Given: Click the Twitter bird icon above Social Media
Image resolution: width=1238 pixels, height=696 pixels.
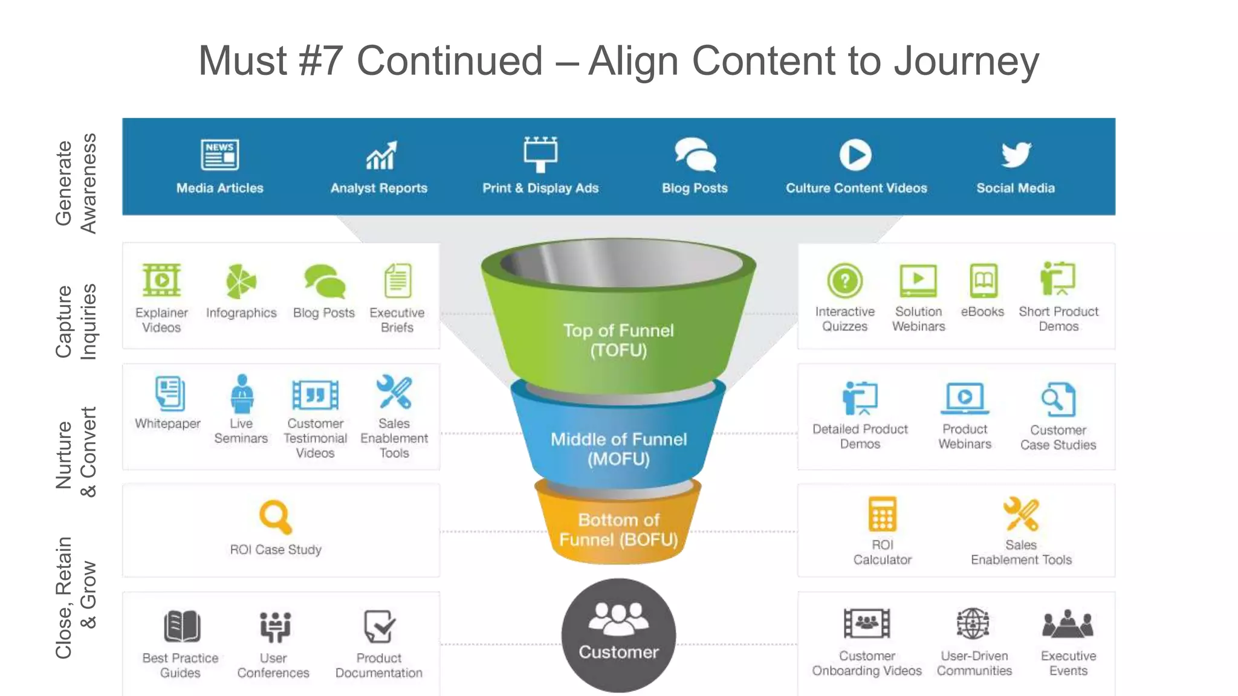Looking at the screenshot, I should [x=1016, y=155].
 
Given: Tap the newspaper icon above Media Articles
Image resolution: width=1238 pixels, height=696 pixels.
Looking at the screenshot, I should [x=219, y=155].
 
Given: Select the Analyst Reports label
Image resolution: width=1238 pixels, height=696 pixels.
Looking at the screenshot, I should [x=378, y=188].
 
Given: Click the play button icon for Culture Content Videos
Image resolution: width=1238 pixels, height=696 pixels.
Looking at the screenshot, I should [x=855, y=155].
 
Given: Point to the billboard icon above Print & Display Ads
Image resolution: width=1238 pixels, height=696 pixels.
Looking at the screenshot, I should [x=540, y=153].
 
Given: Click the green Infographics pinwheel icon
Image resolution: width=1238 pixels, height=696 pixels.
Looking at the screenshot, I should [x=241, y=281].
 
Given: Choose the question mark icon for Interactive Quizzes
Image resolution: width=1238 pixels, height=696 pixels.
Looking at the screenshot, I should [x=844, y=280].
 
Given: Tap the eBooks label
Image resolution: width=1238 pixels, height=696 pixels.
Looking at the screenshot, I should [x=982, y=312].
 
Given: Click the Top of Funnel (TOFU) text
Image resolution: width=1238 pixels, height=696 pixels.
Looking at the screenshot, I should [x=618, y=340].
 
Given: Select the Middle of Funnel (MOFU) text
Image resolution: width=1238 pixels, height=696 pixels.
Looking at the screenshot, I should [x=618, y=449].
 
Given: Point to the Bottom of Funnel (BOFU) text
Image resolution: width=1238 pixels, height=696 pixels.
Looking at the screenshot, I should [x=618, y=529].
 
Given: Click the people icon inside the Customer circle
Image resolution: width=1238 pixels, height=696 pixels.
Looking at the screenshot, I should [x=618, y=618].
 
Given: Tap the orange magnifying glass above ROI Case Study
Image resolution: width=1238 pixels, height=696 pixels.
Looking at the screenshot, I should [x=275, y=517].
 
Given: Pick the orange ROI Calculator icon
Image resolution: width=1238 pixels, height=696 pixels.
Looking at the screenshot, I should [x=882, y=514].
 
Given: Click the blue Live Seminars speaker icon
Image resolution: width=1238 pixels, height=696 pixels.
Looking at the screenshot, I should [x=242, y=393].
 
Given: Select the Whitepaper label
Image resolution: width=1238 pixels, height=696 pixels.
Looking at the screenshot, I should [x=167, y=424].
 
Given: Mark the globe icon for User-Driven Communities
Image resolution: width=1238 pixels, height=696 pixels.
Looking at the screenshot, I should [x=973, y=623].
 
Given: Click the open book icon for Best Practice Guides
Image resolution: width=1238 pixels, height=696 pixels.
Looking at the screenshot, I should [x=181, y=626].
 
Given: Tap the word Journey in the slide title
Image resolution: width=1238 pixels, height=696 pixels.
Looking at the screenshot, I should [x=966, y=61].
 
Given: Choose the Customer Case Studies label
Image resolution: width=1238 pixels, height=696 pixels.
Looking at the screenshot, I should [x=1058, y=437].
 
